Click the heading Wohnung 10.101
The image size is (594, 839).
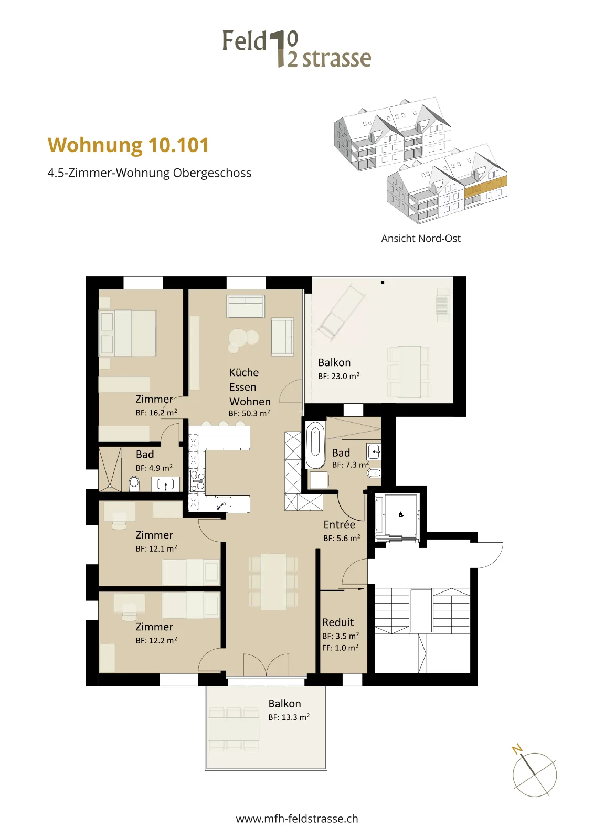(x=128, y=145)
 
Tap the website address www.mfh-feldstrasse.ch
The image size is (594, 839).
(x=297, y=819)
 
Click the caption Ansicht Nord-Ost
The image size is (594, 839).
(x=421, y=238)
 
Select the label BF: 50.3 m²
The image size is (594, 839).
(x=249, y=413)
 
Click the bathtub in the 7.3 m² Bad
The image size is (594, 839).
(x=315, y=445)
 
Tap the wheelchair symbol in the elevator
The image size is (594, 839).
(x=400, y=514)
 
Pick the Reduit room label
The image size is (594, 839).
(x=338, y=622)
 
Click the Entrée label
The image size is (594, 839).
(x=339, y=524)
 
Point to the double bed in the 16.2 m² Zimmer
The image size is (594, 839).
(x=127, y=332)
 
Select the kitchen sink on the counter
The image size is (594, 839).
(x=224, y=502)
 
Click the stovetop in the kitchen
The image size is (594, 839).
(x=197, y=480)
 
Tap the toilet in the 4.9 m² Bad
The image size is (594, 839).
(x=134, y=484)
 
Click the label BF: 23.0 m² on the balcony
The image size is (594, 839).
(x=339, y=376)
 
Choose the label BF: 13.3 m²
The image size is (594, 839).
(x=289, y=717)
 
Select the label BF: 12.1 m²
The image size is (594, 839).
(x=156, y=548)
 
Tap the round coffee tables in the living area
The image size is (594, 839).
(x=242, y=339)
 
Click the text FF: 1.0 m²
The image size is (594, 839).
(x=340, y=648)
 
